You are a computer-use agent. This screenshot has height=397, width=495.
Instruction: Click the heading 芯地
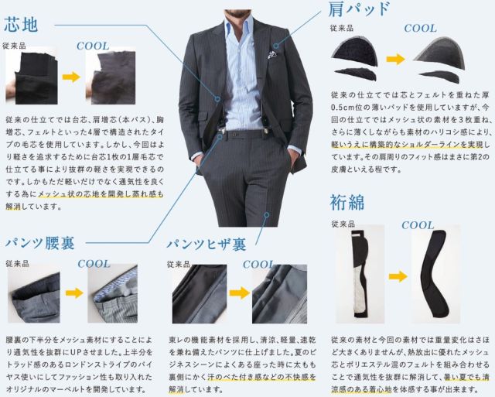click(21, 25)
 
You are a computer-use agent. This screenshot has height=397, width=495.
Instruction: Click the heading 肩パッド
click(359, 9)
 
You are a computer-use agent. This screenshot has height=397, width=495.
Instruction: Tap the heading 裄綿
click(347, 202)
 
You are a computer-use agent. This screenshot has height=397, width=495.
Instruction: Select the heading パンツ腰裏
click(40, 243)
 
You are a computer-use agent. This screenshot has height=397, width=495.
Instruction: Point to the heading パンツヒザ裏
click(207, 244)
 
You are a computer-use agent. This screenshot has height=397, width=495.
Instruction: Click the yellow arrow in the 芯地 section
click(71, 77)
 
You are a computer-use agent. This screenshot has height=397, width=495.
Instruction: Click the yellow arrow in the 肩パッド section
click(395, 59)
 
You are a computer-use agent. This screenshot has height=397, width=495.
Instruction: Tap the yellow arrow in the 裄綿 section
click(398, 276)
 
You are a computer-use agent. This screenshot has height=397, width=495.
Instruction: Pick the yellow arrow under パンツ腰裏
click(74, 293)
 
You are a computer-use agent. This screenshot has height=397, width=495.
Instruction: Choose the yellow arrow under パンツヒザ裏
click(239, 293)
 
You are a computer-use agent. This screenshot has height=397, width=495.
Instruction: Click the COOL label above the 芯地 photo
click(93, 46)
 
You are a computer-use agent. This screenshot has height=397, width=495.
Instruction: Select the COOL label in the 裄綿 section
click(418, 225)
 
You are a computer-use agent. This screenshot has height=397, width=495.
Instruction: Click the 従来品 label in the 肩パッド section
click(342, 28)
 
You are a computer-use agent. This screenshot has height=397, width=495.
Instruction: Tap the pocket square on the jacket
click(271, 54)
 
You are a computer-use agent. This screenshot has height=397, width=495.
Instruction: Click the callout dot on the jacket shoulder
click(276, 46)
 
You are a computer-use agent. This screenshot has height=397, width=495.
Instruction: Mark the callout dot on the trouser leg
click(267, 215)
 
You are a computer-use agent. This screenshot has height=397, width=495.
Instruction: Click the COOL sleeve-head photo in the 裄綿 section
click(435, 273)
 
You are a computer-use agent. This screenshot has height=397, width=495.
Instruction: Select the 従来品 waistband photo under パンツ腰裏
click(34, 293)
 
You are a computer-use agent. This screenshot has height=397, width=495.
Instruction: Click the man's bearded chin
click(237, 13)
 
